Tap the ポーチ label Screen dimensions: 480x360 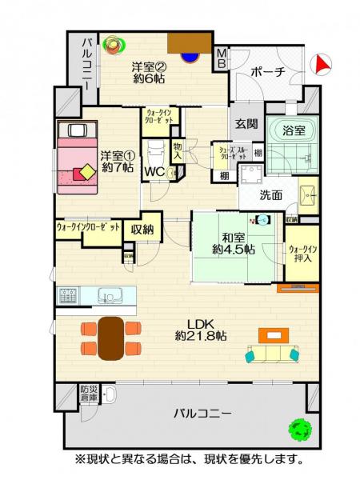[267, 72]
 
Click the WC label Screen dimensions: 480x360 [155, 170]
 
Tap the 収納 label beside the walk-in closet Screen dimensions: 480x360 [143, 229]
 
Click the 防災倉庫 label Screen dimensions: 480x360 [88, 394]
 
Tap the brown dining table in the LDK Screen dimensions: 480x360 [111, 335]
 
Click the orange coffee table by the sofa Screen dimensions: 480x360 [274, 335]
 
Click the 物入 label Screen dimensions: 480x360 [178, 150]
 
